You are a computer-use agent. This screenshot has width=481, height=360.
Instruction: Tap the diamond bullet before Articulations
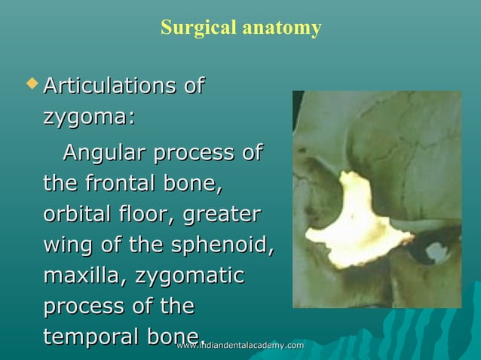30,81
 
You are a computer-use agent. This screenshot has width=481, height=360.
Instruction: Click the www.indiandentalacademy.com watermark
240,346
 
